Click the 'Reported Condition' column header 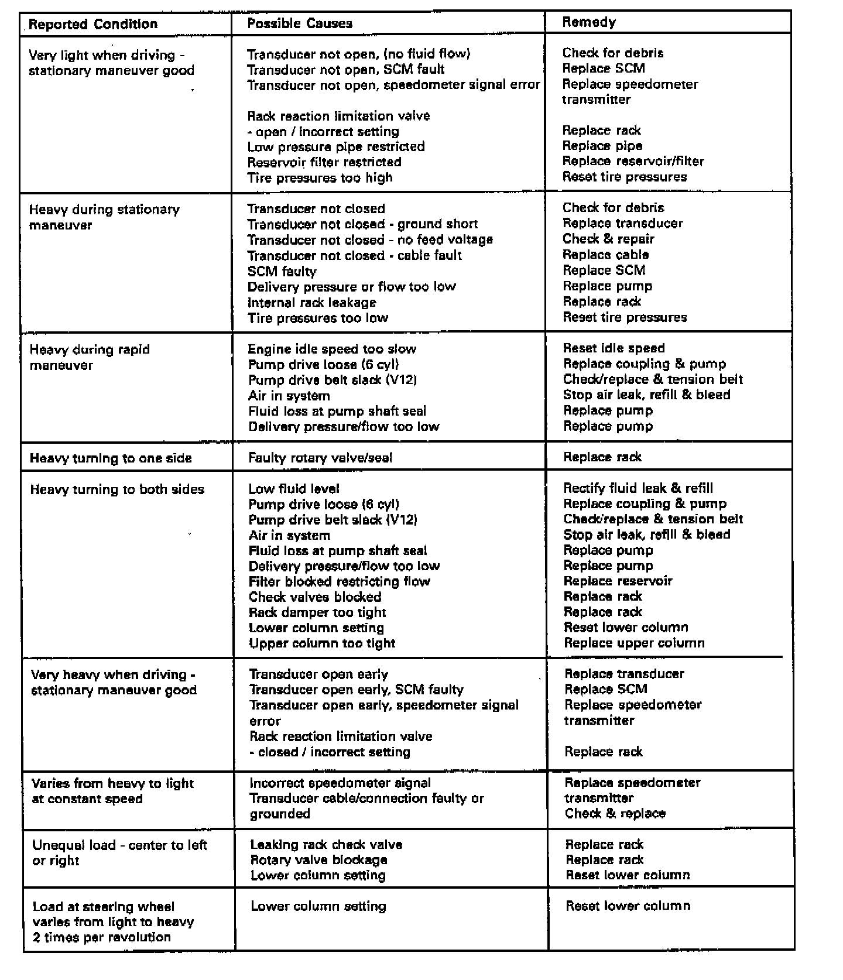point(93,24)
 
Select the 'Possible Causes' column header point(300,23)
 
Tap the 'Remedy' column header point(589,22)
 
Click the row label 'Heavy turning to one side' point(111,458)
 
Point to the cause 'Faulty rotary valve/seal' point(320,458)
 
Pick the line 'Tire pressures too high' point(320,177)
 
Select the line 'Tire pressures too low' point(317,318)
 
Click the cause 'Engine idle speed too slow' point(332,349)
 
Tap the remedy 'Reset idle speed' point(614,348)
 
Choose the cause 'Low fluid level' point(294,489)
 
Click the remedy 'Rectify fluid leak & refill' point(638,488)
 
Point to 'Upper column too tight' point(322,643)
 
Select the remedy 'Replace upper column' point(634,643)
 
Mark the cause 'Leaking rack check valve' point(326,844)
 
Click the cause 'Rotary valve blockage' point(318,860)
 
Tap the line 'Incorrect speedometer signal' point(340,783)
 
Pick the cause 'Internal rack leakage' point(311,303)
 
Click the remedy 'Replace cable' point(605,255)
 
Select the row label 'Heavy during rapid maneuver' point(90,357)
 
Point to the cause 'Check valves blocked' point(315,597)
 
